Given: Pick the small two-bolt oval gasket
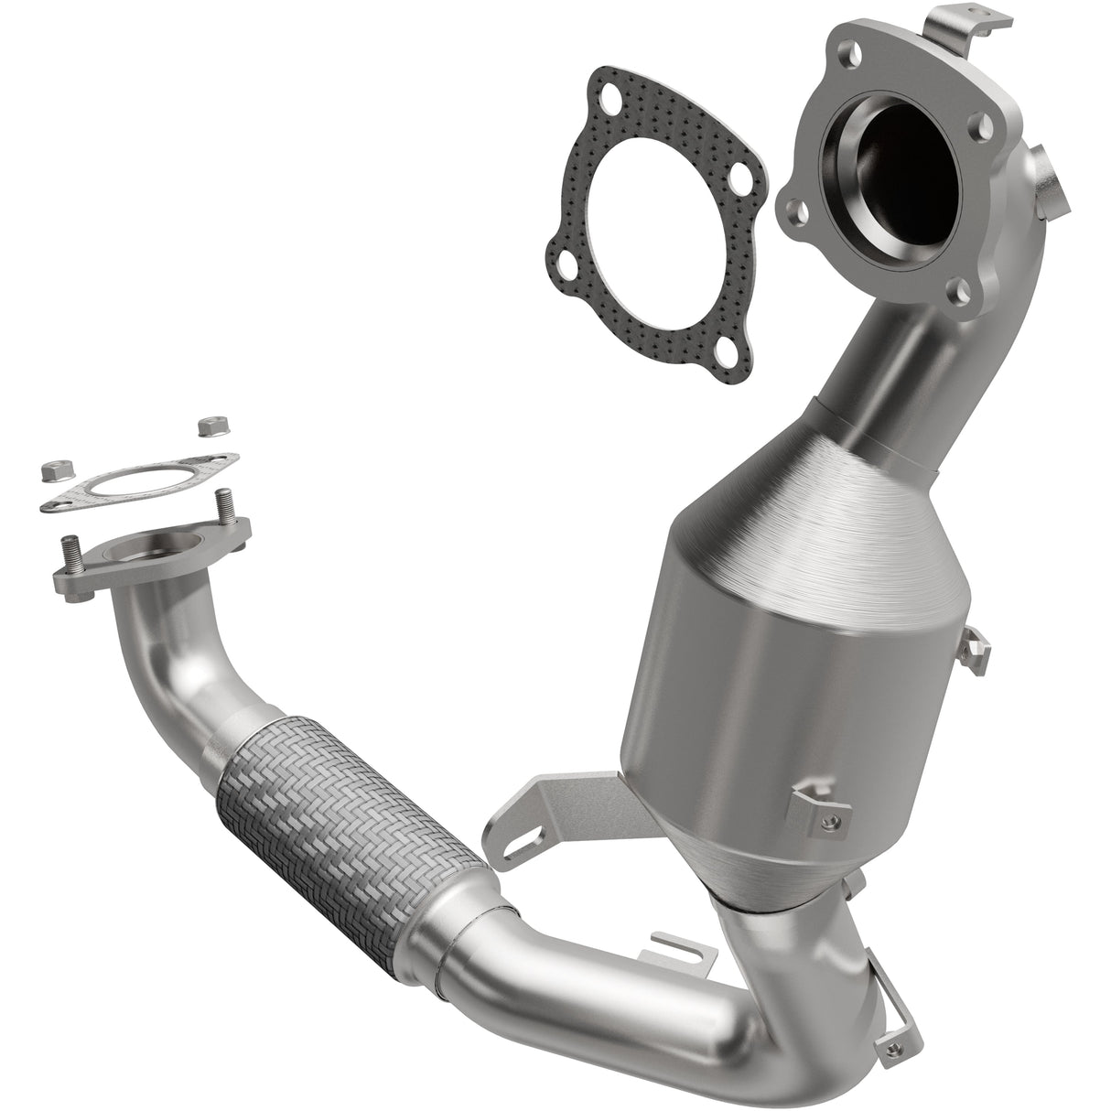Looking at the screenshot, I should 137,486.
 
